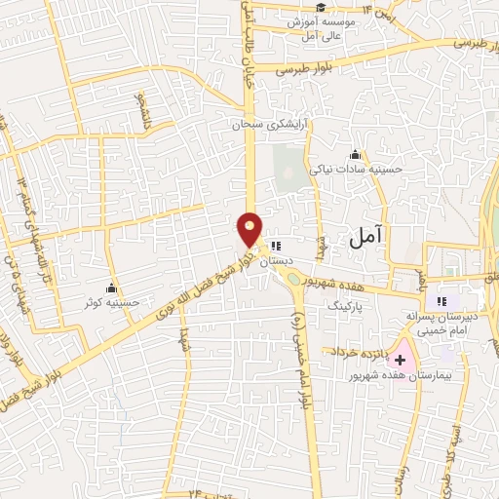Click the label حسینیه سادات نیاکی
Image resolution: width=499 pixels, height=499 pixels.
(x=355, y=169)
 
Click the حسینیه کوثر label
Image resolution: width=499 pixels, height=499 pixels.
(x=113, y=302)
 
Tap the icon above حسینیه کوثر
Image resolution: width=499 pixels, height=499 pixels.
(x=112, y=288)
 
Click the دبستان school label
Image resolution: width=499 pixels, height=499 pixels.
(x=282, y=260)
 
